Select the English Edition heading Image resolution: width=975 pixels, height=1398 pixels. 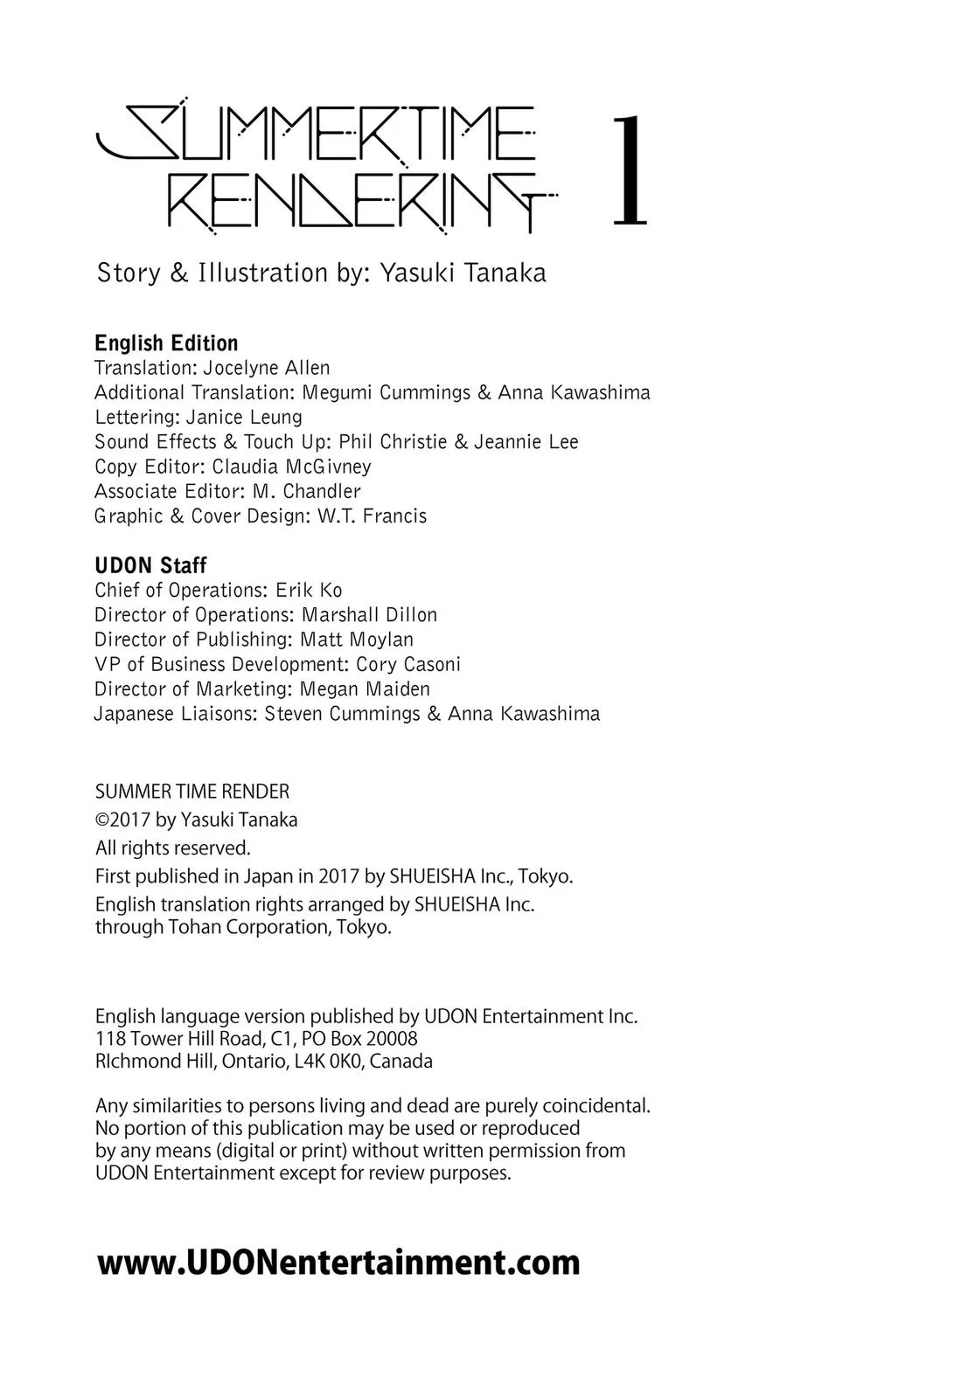pos(166,343)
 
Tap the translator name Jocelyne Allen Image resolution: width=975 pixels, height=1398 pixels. pos(267,368)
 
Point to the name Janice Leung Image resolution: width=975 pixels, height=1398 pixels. pos(244,417)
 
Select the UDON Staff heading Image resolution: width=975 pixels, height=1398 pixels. pos(150,565)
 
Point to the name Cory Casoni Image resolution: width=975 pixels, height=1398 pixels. pos(408,664)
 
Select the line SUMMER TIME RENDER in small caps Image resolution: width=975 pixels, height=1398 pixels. pos(192,792)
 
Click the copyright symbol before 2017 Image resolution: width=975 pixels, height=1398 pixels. pos(101,820)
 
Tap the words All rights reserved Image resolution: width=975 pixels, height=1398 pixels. pos(172,848)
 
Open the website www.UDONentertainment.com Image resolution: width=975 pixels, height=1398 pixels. pos(338,1263)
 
